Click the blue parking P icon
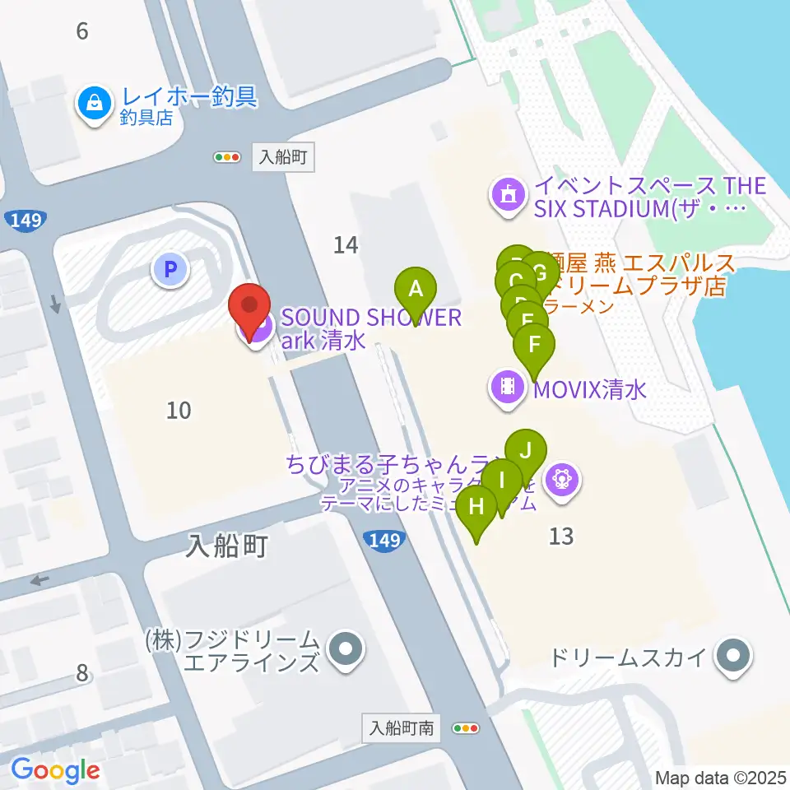click(170, 268)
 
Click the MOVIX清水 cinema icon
click(508, 386)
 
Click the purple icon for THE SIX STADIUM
click(508, 195)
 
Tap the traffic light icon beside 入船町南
click(466, 727)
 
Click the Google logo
click(55, 769)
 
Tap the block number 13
click(560, 537)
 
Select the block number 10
click(179, 409)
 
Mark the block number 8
click(81, 672)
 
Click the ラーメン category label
click(590, 305)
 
